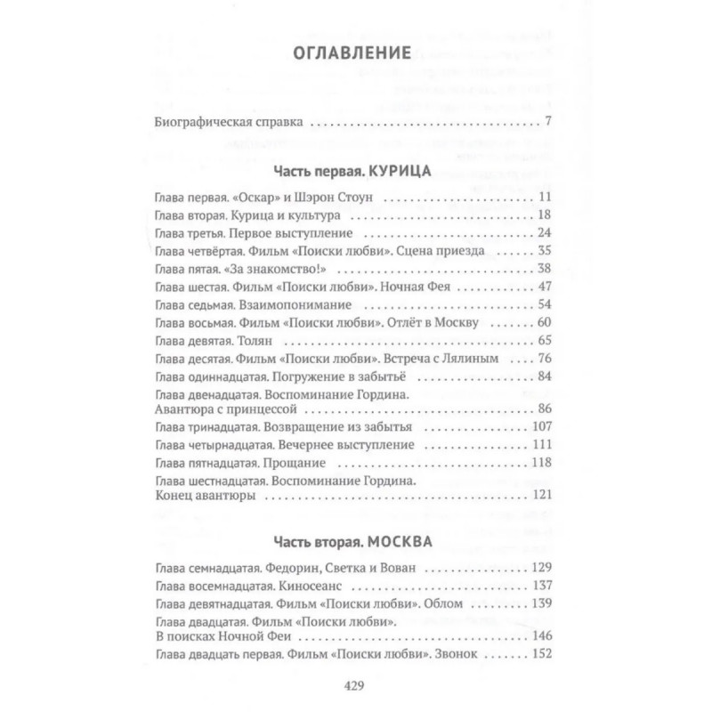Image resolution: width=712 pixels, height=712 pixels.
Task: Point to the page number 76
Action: (x=546, y=358)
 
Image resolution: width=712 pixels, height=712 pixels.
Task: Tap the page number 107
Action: (x=542, y=425)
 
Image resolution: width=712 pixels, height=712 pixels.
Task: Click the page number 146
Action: (x=542, y=636)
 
